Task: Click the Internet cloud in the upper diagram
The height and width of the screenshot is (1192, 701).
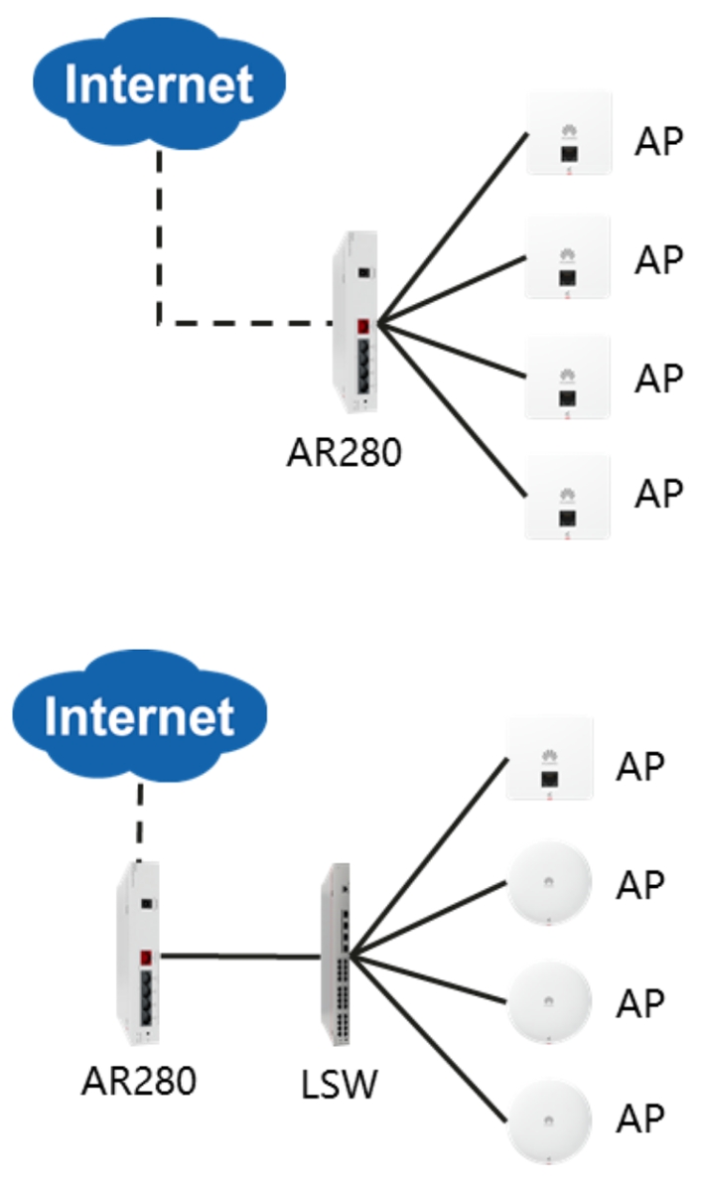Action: [x=159, y=84]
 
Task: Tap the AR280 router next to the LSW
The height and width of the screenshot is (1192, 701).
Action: [x=138, y=954]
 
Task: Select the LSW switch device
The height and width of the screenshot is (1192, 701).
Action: [x=336, y=959]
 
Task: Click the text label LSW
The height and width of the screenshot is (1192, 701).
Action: [x=339, y=1085]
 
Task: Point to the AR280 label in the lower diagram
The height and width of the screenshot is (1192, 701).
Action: [x=139, y=1080]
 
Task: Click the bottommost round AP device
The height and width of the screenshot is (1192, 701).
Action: [x=550, y=1121]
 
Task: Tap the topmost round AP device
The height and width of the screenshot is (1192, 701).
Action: [x=550, y=882]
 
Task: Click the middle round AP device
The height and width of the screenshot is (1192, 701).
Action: [x=550, y=1002]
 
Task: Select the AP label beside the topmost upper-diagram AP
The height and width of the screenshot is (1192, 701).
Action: [x=660, y=142]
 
